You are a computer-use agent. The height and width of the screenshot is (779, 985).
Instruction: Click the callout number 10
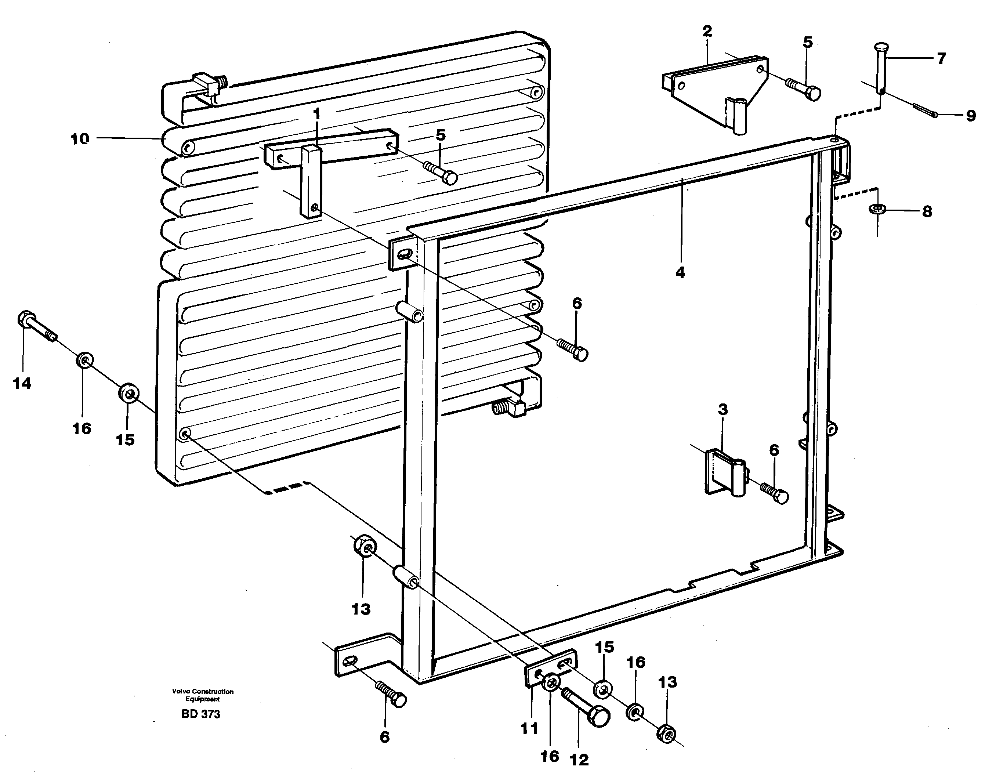click(79, 139)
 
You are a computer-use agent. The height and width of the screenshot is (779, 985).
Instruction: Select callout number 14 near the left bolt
click(22, 383)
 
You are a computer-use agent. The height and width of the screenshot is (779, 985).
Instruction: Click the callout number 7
click(942, 58)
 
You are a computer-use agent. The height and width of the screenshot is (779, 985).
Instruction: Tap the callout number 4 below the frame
click(680, 273)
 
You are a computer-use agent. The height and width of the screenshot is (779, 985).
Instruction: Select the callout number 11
click(529, 728)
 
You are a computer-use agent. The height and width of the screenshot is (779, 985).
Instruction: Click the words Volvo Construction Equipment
click(203, 695)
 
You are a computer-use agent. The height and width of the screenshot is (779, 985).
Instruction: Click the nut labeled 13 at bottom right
click(666, 734)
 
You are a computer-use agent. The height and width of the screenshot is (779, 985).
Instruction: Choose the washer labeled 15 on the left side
click(129, 393)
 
